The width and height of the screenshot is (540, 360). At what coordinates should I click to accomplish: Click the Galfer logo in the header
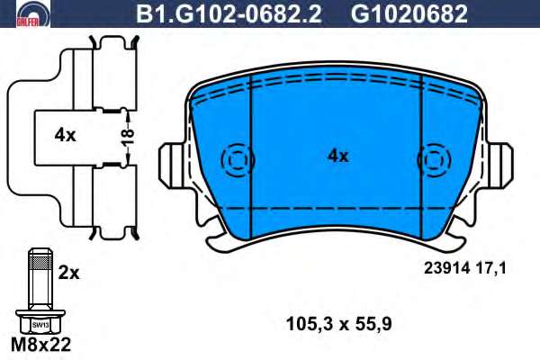[x=33, y=14]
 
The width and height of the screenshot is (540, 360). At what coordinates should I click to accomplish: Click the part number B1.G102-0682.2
[x=229, y=14]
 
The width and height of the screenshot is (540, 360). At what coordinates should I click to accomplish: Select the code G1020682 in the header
[x=409, y=14]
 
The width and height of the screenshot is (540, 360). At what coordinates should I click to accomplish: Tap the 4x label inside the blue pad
[x=337, y=157]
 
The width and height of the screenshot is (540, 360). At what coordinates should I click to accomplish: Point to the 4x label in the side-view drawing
[x=65, y=136]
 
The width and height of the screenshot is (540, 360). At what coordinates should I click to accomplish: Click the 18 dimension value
[x=127, y=137]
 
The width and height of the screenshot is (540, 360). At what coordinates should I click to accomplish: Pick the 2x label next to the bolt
[x=69, y=274]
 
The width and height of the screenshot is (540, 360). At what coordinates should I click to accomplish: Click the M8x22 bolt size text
[x=41, y=344]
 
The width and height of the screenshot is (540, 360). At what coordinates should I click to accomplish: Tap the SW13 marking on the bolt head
[x=40, y=325]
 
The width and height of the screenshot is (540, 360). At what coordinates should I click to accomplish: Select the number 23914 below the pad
[x=446, y=268]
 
